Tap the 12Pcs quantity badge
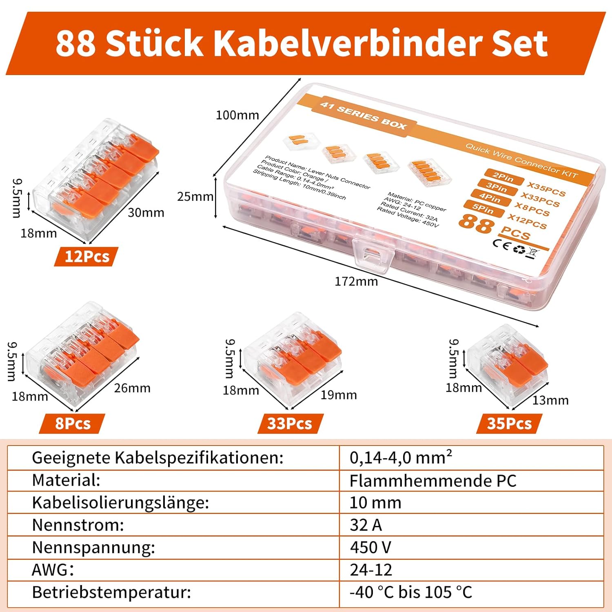[86, 257]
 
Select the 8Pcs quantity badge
[72, 424]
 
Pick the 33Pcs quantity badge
[290, 424]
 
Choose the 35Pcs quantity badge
[509, 424]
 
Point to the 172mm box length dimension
[356, 282]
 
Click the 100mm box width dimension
[237, 115]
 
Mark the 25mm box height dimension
[195, 197]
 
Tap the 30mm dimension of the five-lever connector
[146, 213]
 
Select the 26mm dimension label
[132, 388]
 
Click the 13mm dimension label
[550, 400]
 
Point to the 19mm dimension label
[339, 395]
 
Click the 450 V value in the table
[370, 547]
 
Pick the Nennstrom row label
[78, 525]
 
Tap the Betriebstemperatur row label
[111, 592]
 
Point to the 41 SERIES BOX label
[363, 116]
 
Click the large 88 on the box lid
[476, 224]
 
